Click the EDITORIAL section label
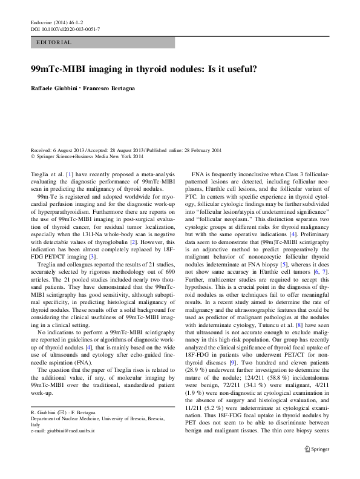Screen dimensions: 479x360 [x=54, y=42]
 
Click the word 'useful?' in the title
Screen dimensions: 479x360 [x=240, y=70]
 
